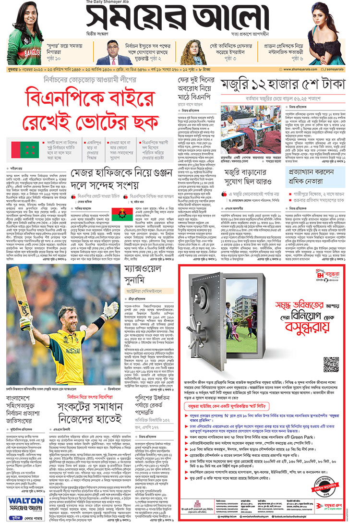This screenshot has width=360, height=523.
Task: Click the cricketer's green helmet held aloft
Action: pyautogui.click(x=109, y=311)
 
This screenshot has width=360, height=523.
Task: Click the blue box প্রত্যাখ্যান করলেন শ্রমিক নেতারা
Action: pyautogui.click(x=317, y=173)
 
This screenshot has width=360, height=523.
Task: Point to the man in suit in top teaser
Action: pyautogui.click(x=114, y=53)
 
